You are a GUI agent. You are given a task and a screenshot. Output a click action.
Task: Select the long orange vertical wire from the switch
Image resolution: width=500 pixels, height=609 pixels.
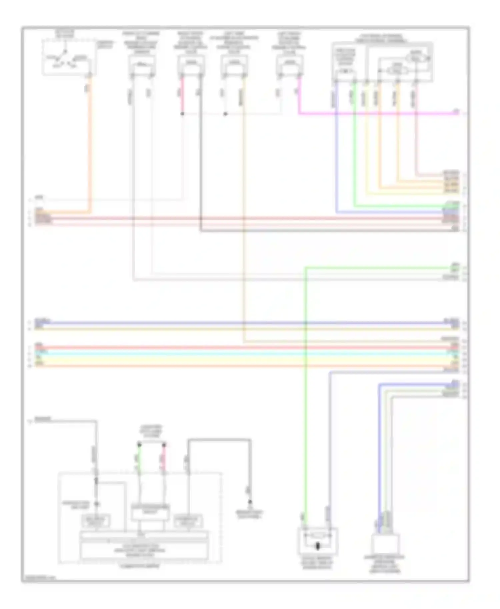click(90, 150)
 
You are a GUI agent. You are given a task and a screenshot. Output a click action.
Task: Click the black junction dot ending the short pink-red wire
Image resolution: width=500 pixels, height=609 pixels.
click(182, 114)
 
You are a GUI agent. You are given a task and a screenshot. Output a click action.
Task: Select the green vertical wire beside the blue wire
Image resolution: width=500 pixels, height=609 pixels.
click(354, 143)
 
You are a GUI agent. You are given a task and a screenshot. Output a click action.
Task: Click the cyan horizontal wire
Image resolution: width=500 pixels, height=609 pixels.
click(233, 353)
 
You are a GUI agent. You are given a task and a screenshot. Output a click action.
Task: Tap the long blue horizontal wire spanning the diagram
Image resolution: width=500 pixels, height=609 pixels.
click(233, 323)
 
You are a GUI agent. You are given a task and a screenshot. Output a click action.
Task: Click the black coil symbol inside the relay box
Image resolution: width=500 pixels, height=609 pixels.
click(317, 546)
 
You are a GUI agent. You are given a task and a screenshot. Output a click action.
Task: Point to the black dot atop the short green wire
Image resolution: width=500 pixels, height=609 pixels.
click(139, 445)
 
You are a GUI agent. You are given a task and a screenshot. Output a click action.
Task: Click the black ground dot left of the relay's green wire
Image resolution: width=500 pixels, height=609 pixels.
click(249, 502)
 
